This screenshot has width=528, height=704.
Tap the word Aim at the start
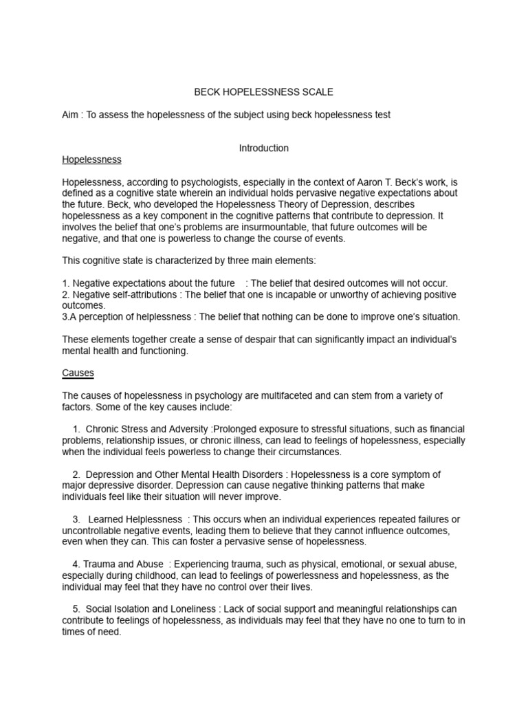coord(71,115)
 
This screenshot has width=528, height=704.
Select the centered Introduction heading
coord(263,148)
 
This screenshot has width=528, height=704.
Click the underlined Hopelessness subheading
coord(91,159)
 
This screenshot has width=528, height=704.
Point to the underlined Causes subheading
coord(78,373)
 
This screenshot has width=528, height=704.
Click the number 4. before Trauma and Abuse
coord(76,564)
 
